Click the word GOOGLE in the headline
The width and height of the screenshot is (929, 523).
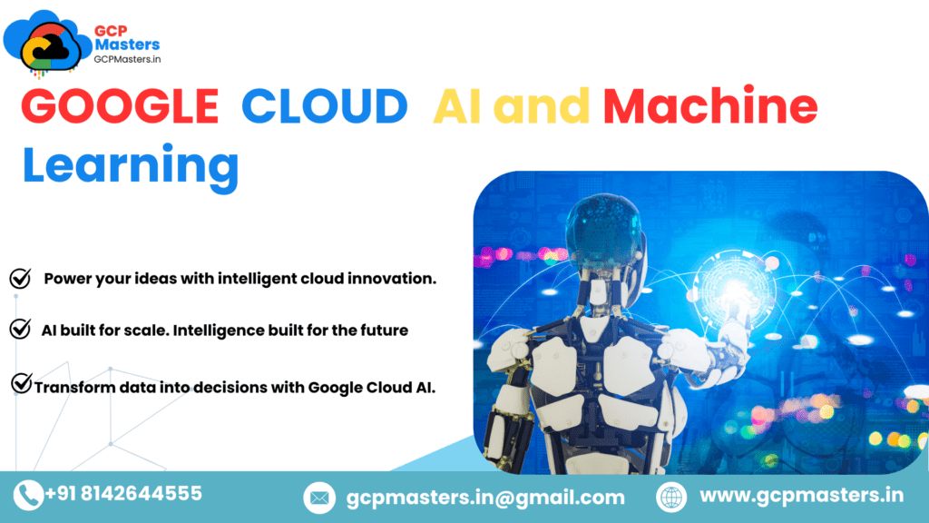pyautogui.click(x=120, y=107)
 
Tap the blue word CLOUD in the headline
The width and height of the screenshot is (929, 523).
pyautogui.click(x=324, y=107)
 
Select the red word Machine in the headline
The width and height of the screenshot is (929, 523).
pyautogui.click(x=710, y=107)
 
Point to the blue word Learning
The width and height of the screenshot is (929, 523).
pyautogui.click(x=131, y=166)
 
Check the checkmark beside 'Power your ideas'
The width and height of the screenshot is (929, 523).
pyautogui.click(x=20, y=279)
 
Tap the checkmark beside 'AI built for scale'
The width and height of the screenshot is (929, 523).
pyautogui.click(x=20, y=330)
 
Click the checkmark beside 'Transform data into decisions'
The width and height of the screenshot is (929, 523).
pyautogui.click(x=22, y=385)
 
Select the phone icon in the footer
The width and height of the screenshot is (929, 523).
pyautogui.click(x=28, y=495)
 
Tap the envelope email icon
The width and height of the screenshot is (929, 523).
pyautogui.click(x=318, y=498)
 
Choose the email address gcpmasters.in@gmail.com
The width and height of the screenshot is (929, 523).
pyautogui.click(x=485, y=498)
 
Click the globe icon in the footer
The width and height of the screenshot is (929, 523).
pyautogui.click(x=670, y=497)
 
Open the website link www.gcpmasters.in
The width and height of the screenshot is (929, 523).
pyautogui.click(x=802, y=496)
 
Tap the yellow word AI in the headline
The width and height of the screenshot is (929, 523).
pyautogui.click(x=456, y=107)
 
